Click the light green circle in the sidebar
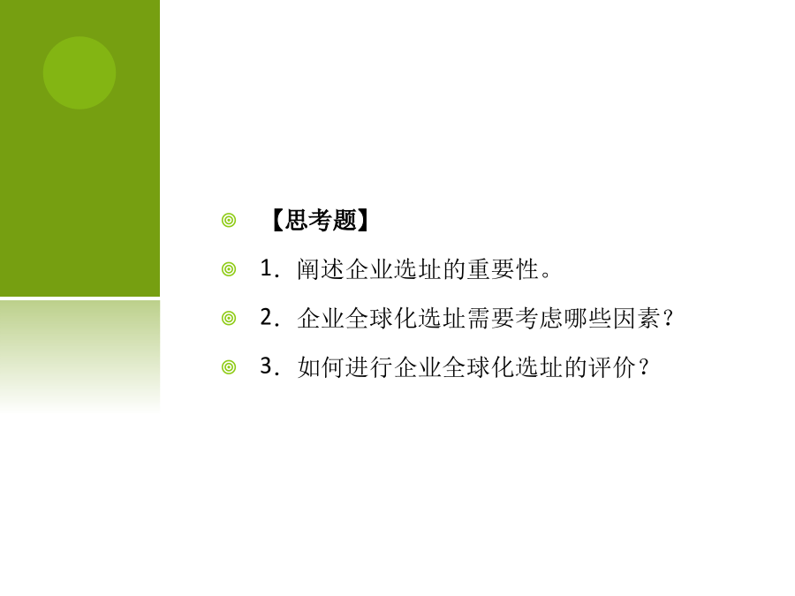(x=79, y=73)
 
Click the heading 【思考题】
(x=320, y=220)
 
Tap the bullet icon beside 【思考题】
(x=229, y=221)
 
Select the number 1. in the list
(x=269, y=268)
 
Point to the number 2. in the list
(x=269, y=317)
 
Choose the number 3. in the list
(x=269, y=366)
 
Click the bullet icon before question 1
(x=229, y=269)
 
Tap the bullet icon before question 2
(x=229, y=318)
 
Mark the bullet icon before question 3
(x=229, y=367)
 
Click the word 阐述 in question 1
(x=321, y=269)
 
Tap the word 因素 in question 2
(x=637, y=318)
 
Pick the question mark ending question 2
(x=669, y=318)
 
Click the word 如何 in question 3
(x=321, y=367)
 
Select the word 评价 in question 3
(x=613, y=367)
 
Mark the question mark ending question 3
(x=644, y=367)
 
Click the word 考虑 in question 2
(x=540, y=318)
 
